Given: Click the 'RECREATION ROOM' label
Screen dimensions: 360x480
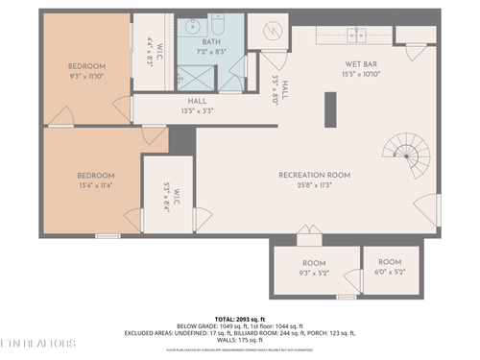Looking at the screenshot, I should (314, 175).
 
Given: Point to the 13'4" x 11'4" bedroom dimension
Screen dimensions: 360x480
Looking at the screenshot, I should (95, 185).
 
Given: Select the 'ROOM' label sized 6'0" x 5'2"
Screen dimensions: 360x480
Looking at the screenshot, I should (390, 262).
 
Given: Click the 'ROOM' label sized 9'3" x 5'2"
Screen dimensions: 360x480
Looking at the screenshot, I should (314, 263).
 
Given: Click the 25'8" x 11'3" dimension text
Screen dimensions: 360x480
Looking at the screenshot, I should (314, 185).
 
